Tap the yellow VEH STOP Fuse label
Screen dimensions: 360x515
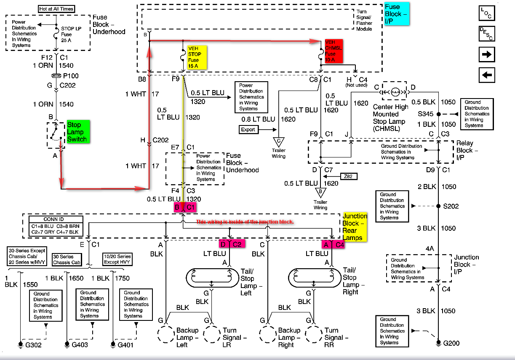198,57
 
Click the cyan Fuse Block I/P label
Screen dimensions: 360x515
397,14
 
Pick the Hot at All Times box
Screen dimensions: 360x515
56,8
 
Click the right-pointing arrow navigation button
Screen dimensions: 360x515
487,55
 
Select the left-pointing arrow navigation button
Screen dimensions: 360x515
487,75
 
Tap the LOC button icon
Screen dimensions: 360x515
487,13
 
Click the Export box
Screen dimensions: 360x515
248,129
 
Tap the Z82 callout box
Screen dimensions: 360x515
349,176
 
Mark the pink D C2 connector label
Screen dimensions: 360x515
232,243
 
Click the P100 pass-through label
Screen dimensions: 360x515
70,76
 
